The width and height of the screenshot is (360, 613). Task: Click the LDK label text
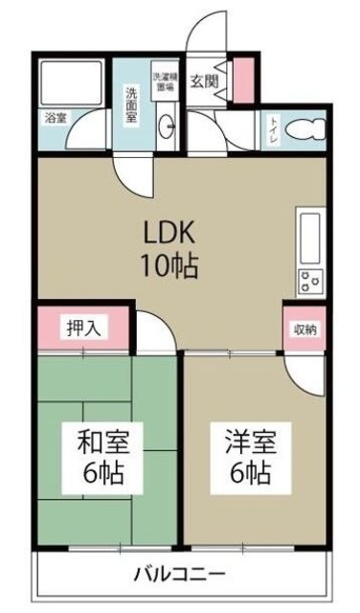coord(170,234)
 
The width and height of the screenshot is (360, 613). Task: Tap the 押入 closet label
coord(81,327)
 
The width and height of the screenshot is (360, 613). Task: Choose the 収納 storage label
coord(304,328)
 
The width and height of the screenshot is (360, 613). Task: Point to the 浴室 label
coord(56,118)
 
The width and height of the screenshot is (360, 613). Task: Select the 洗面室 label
coord(132,103)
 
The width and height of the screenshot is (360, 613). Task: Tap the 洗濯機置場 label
coord(164,80)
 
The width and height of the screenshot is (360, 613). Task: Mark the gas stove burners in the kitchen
coord(312,281)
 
